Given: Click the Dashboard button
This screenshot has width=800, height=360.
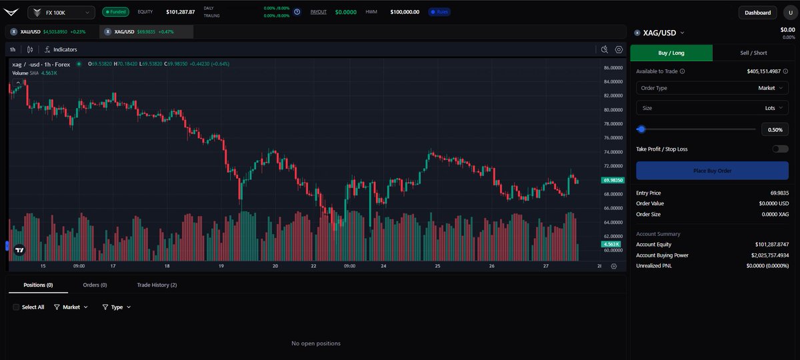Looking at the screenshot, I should [x=757, y=12].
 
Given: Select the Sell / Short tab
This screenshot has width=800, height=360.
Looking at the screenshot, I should [x=753, y=53].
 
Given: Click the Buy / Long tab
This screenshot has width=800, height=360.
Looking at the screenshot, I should [x=671, y=53].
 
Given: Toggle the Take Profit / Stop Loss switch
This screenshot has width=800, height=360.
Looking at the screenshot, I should [x=779, y=149].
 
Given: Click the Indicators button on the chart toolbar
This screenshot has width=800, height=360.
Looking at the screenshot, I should [x=61, y=49].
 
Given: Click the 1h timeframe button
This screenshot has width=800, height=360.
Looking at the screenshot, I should [x=13, y=49].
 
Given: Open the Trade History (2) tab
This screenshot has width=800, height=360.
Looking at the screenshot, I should [x=157, y=285].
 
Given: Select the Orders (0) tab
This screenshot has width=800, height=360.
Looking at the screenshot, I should [x=95, y=285].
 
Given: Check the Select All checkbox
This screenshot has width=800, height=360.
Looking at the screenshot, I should [x=17, y=307].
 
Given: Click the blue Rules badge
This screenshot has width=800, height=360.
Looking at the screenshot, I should [x=441, y=12].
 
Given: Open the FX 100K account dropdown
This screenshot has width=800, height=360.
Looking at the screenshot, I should [x=61, y=12].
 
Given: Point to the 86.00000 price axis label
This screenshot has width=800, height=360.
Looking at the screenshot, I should [x=612, y=68].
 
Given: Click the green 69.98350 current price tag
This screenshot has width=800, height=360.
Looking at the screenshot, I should [x=611, y=180].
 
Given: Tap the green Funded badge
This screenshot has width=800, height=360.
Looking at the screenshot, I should [x=115, y=12].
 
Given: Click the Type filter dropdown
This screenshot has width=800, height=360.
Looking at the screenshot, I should [x=117, y=307].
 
